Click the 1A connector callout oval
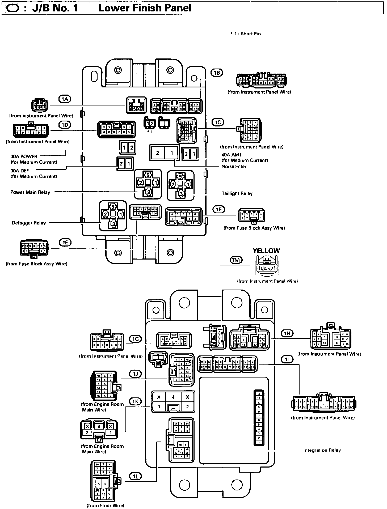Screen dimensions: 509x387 click(x=65, y=99)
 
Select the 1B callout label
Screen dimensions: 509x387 click(x=217, y=73)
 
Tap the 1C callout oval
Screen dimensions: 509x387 click(x=218, y=122)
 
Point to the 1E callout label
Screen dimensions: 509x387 click(x=65, y=242)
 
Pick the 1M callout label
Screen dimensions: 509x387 click(x=236, y=260)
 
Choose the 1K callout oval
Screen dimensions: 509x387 click(x=136, y=401)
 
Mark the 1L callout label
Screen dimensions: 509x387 click(x=136, y=476)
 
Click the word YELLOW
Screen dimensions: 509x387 click(x=266, y=251)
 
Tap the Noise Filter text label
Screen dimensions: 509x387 click(x=234, y=167)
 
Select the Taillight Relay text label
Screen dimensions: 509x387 click(x=237, y=193)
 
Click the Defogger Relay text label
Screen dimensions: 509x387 click(x=29, y=223)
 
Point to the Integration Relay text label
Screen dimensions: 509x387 click(x=322, y=450)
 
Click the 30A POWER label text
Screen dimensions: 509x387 click(x=24, y=156)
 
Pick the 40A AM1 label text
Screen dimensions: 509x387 click(x=231, y=155)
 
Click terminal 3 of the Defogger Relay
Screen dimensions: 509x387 click(x=113, y=224)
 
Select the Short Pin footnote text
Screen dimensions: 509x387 click(x=246, y=34)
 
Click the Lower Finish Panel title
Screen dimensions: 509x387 click(x=145, y=8)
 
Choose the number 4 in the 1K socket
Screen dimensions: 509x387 click(x=173, y=397)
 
